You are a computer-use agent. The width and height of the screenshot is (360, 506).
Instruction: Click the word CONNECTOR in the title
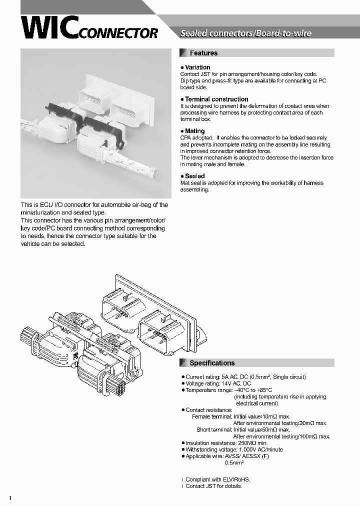tap(118, 33)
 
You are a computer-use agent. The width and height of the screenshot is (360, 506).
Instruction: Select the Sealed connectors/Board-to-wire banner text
tap(245, 33)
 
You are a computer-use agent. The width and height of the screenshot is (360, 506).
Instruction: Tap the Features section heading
tap(203, 53)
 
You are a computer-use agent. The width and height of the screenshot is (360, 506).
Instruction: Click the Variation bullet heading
tap(197, 67)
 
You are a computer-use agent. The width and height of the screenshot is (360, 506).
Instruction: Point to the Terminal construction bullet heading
tap(216, 99)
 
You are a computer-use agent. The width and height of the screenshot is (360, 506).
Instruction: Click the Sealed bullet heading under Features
tap(194, 176)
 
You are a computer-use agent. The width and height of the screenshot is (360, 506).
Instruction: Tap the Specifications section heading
tap(212, 363)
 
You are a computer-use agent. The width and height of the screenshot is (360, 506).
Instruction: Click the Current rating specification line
tap(245, 377)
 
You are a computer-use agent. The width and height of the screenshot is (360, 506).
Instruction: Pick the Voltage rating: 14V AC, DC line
tap(218, 383)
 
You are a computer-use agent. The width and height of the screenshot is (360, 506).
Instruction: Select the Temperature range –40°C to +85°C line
tap(228, 390)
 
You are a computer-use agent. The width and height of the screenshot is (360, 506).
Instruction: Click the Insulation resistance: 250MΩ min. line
tap(226, 443)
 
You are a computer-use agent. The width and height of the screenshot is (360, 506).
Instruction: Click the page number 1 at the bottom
tap(10, 498)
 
